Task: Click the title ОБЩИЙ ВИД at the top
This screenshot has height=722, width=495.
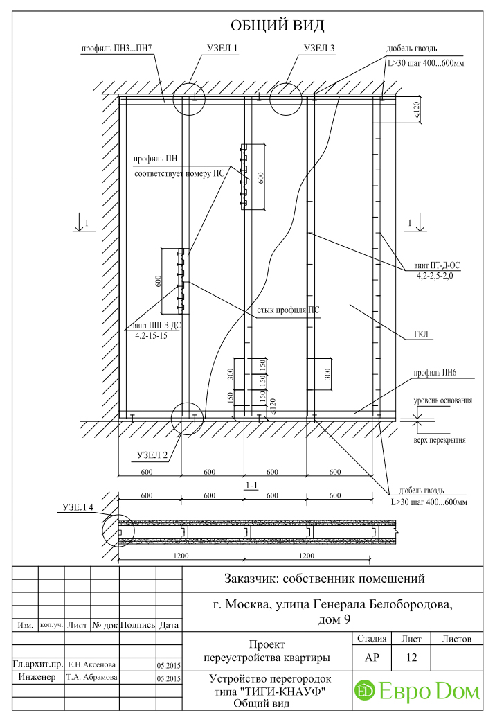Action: tap(277, 26)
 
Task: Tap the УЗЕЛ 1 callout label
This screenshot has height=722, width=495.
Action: tap(222, 49)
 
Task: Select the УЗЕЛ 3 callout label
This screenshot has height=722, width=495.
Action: tap(319, 49)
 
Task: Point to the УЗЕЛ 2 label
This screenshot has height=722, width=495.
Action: tap(152, 455)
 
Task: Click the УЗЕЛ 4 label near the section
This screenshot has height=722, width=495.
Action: tap(78, 507)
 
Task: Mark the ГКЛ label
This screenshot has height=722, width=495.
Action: tap(421, 334)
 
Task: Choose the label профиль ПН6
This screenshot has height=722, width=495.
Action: tap(435, 373)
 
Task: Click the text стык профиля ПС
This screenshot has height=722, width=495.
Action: tap(288, 310)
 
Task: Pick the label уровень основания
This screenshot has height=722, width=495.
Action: tap(442, 400)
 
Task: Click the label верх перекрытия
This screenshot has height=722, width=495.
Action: tap(440, 440)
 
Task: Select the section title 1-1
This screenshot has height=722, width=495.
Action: tap(251, 485)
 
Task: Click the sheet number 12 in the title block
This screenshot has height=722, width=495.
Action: tap(411, 658)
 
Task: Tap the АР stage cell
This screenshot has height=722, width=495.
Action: tap(372, 658)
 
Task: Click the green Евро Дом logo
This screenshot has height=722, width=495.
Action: tap(417, 691)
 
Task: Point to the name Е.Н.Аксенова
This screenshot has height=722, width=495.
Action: tap(91, 664)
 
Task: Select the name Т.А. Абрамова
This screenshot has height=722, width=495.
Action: tap(91, 678)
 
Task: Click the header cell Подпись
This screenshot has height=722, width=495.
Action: tap(138, 625)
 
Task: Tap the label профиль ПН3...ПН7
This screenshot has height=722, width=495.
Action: tap(116, 49)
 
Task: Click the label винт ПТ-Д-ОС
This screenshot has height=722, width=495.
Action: tap(437, 265)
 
